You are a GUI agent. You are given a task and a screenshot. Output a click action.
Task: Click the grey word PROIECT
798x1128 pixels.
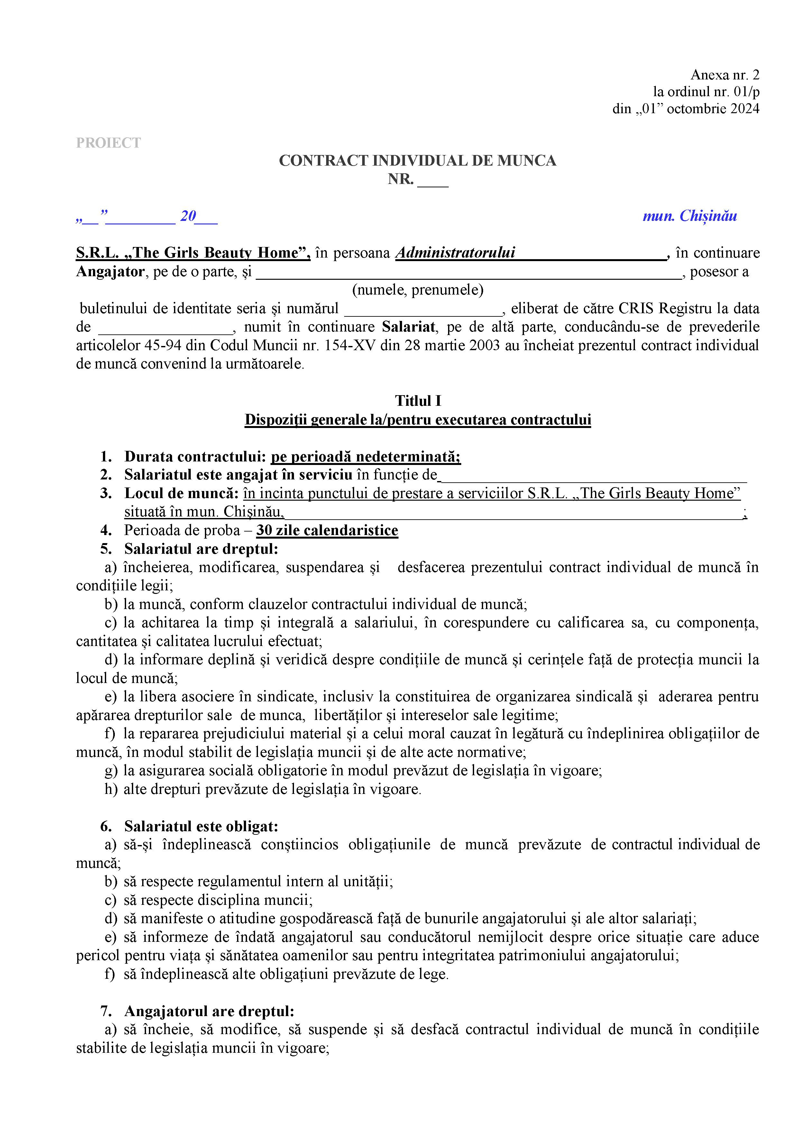click(108, 143)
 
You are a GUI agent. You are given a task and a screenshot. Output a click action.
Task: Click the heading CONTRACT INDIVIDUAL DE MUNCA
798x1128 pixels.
click(417, 161)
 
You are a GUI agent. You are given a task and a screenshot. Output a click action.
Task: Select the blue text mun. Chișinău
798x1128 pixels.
click(689, 216)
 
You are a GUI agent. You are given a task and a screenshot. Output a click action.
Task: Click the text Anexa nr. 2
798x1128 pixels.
click(725, 75)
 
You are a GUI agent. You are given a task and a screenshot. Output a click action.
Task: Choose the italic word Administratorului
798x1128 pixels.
click(455, 253)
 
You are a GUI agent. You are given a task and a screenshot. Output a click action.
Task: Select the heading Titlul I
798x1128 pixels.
click(418, 401)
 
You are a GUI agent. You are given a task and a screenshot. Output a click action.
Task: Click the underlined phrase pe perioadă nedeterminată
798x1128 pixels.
click(366, 457)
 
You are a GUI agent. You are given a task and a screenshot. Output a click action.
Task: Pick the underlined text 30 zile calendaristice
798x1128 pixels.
click(327, 531)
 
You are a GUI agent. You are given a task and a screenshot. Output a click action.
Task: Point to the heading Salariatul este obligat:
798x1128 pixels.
click(201, 826)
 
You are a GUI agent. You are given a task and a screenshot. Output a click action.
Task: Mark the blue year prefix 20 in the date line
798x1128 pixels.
click(188, 216)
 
